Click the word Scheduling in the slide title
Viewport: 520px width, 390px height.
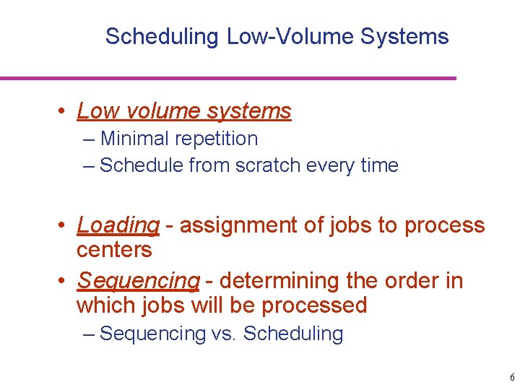point(162,37)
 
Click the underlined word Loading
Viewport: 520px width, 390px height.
point(118,226)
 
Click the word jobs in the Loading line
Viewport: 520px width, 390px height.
point(349,226)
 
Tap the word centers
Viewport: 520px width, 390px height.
point(114,251)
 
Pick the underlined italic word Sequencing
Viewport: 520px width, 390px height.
point(138,281)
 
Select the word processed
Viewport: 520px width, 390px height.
point(314,305)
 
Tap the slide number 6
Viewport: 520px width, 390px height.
point(511,378)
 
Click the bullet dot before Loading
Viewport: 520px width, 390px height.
point(64,226)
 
